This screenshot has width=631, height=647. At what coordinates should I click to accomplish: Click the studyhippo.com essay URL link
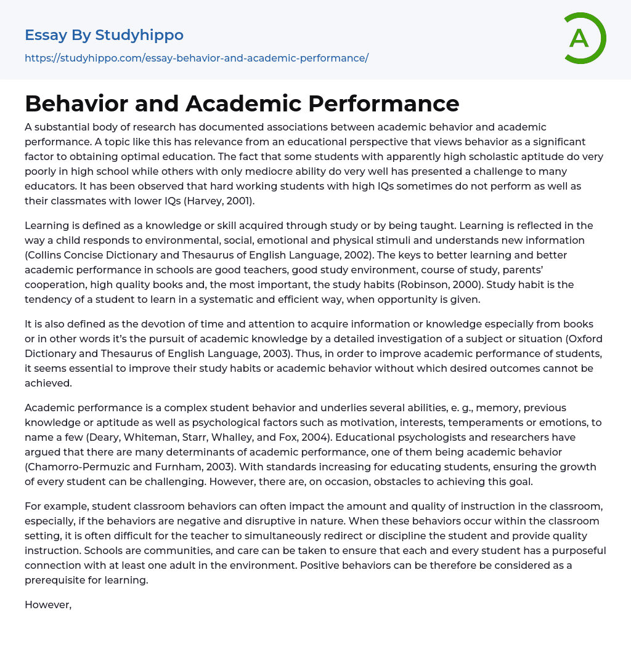click(x=196, y=58)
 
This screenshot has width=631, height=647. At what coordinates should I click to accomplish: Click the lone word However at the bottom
click(x=48, y=605)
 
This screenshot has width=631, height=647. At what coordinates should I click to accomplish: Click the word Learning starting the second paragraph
click(x=47, y=225)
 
